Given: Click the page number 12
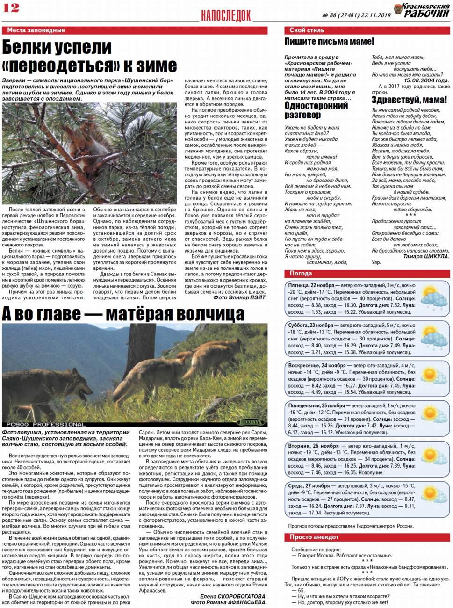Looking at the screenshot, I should click(11, 7).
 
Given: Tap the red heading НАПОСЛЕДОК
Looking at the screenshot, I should click(226, 15).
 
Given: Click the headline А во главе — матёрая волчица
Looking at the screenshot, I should click(123, 314).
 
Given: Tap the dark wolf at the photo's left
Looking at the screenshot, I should click(49, 386).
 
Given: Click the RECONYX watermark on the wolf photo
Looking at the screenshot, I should click(250, 422).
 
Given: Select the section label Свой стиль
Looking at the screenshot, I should click(307, 30).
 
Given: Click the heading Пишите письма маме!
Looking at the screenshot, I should click(329, 42).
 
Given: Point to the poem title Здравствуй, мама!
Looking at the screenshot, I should click(409, 100).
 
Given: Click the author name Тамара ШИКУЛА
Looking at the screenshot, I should click(426, 256).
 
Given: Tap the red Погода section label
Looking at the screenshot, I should click(301, 274).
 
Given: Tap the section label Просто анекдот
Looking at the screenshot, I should click(314, 537).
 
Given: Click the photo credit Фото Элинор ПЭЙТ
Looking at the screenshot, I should click(240, 297).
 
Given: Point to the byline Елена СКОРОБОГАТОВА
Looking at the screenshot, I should click(233, 596).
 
